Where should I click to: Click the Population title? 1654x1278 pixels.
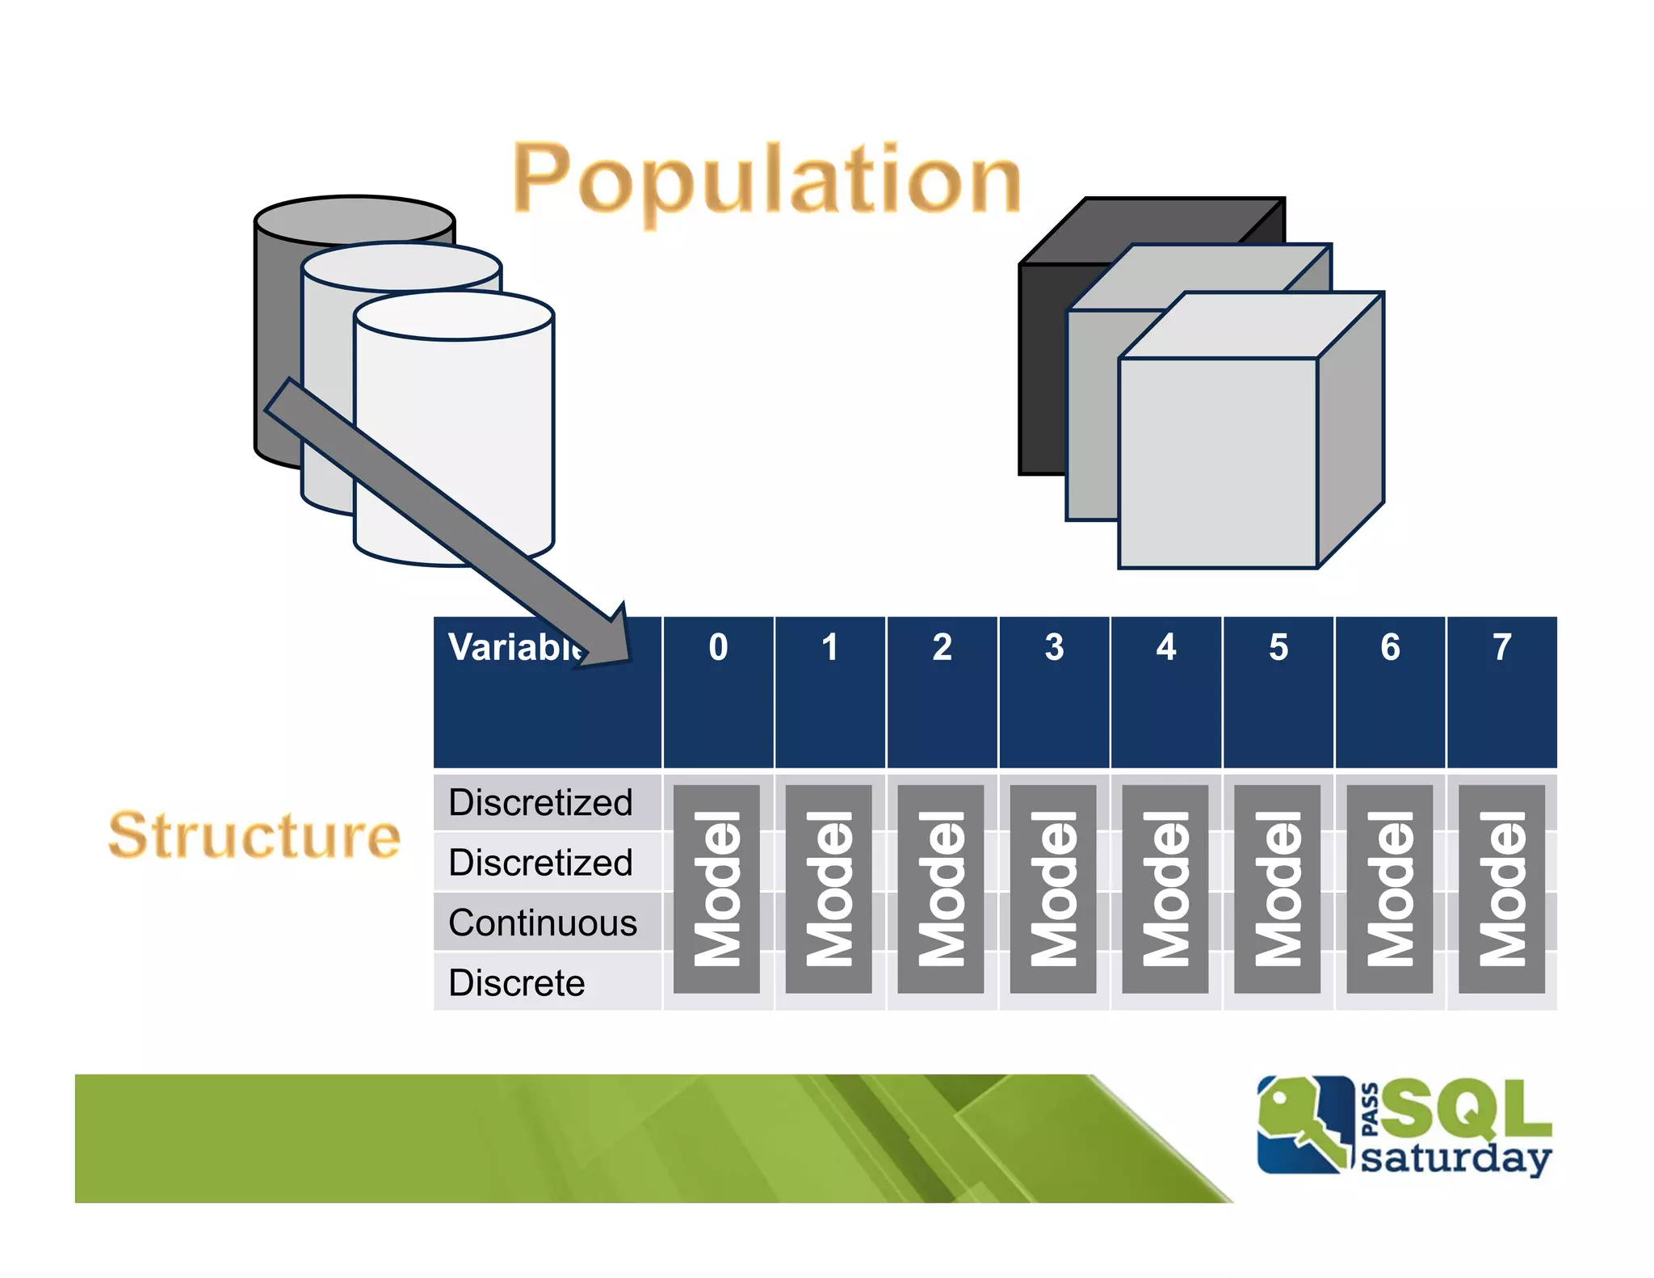point(767,179)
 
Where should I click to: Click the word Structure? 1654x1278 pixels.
point(254,835)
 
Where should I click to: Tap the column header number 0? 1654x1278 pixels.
point(718,647)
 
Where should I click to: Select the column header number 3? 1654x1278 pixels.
point(1054,647)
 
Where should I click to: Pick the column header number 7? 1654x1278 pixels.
point(1501,647)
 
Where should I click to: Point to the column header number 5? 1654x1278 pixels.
point(1278,647)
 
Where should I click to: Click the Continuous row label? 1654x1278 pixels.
point(542,923)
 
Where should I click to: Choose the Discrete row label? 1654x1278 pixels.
point(516,983)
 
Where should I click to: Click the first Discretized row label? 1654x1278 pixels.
point(540,802)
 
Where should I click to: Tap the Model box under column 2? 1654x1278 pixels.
point(941,889)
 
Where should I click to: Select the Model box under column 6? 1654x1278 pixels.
point(1389,889)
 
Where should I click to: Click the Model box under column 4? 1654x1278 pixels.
point(1165,889)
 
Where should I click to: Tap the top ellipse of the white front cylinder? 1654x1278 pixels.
point(454,316)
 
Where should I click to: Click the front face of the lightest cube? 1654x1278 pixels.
point(1218,463)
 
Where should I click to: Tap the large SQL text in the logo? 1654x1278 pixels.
point(1466,1108)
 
